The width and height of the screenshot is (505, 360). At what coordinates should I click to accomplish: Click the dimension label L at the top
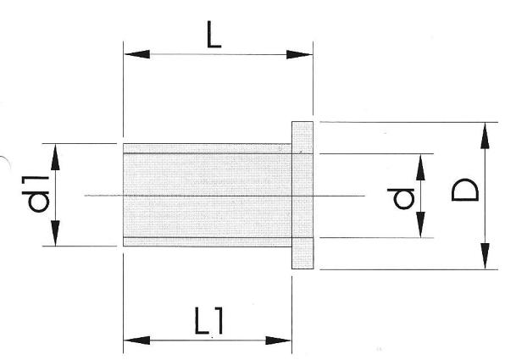click(x=214, y=35)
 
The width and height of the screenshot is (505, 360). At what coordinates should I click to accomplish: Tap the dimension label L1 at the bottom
click(x=209, y=320)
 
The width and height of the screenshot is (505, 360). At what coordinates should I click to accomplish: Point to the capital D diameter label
click(x=465, y=190)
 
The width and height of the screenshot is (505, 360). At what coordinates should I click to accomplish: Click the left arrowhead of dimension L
click(x=137, y=54)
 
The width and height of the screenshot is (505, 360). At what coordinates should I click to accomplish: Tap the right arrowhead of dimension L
click(x=299, y=54)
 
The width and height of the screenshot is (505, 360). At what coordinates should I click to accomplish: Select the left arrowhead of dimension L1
click(x=137, y=340)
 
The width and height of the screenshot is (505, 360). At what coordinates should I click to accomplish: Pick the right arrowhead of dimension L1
click(x=278, y=341)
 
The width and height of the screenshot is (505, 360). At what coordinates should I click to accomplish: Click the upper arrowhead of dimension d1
click(x=55, y=158)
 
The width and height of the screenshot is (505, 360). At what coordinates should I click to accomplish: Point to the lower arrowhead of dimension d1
click(x=55, y=233)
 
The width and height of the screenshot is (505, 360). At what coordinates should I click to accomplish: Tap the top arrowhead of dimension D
click(x=485, y=136)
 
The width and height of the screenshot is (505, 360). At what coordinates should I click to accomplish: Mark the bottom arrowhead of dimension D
click(x=485, y=256)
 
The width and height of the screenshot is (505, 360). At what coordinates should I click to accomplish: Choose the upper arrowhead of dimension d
click(x=420, y=167)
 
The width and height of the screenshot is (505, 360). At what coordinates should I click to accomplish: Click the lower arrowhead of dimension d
click(x=420, y=224)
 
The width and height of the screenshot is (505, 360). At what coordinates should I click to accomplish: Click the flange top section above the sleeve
click(x=302, y=137)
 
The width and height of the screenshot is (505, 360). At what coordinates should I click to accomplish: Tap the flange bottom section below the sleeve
click(x=302, y=253)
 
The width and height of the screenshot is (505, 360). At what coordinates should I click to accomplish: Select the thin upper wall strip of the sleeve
click(x=208, y=148)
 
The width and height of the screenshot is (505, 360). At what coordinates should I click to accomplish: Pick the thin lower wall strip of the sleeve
click(x=208, y=241)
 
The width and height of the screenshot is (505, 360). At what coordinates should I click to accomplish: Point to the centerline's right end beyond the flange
click(x=365, y=196)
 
